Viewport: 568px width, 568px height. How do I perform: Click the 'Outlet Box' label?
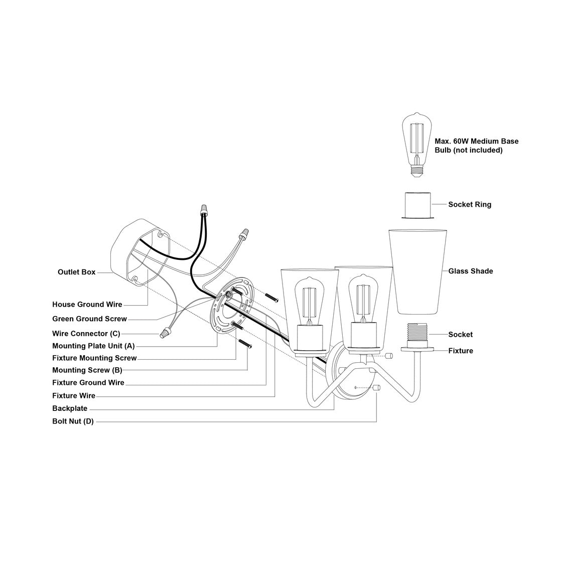tap(76, 272)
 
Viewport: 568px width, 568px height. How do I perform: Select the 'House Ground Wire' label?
tap(87, 305)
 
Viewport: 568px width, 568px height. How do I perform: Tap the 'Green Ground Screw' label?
tap(89, 319)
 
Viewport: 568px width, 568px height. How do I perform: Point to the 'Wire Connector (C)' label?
tap(86, 333)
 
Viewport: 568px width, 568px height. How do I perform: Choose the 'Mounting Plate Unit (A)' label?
tap(93, 346)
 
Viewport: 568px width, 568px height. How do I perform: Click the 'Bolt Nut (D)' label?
tap(73, 421)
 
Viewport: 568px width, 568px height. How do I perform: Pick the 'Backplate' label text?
tap(70, 408)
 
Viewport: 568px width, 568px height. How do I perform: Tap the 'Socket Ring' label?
tap(470, 204)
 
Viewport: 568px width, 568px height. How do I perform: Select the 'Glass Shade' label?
tap(471, 271)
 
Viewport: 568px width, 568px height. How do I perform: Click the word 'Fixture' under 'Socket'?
tap(461, 351)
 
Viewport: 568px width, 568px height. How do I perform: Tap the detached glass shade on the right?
tap(417, 271)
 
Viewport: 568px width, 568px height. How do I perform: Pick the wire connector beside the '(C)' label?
tap(164, 333)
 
